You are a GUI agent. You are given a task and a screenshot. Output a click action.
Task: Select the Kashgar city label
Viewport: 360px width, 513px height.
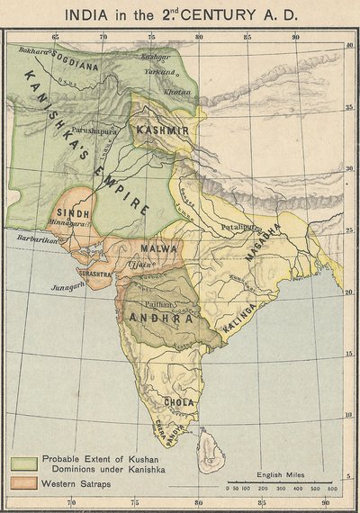[x=155, y=57]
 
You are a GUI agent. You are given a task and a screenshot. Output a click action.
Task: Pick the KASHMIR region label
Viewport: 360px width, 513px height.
[x=163, y=131]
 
